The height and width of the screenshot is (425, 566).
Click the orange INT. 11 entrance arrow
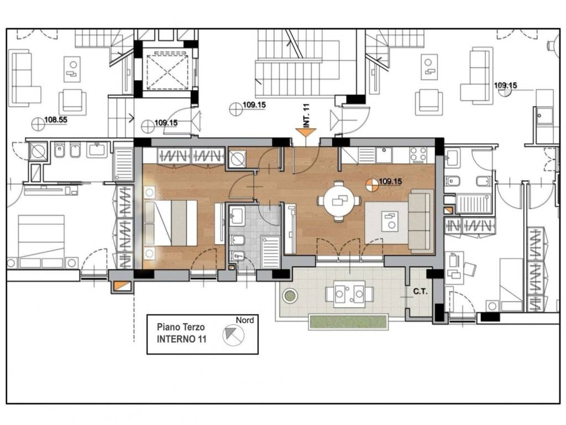305,133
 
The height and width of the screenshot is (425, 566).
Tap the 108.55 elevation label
56,120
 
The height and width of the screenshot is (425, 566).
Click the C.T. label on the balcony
420,291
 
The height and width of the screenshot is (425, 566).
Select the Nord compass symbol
233,335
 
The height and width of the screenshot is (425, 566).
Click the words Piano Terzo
181,327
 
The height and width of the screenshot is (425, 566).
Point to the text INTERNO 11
181,339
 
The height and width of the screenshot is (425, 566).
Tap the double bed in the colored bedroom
170,222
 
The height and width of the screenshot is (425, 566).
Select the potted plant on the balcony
290,296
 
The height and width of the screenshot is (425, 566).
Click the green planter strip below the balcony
348,322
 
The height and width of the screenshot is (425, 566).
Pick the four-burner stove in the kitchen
418,155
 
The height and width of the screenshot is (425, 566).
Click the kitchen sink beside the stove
384,155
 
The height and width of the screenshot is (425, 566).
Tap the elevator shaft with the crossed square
167,71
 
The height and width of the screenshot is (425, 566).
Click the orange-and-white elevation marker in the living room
371,185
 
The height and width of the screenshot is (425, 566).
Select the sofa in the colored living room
421,221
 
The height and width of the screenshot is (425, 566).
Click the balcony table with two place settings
349,294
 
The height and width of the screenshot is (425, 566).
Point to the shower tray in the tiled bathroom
270,252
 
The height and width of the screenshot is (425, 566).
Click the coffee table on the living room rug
390,222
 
